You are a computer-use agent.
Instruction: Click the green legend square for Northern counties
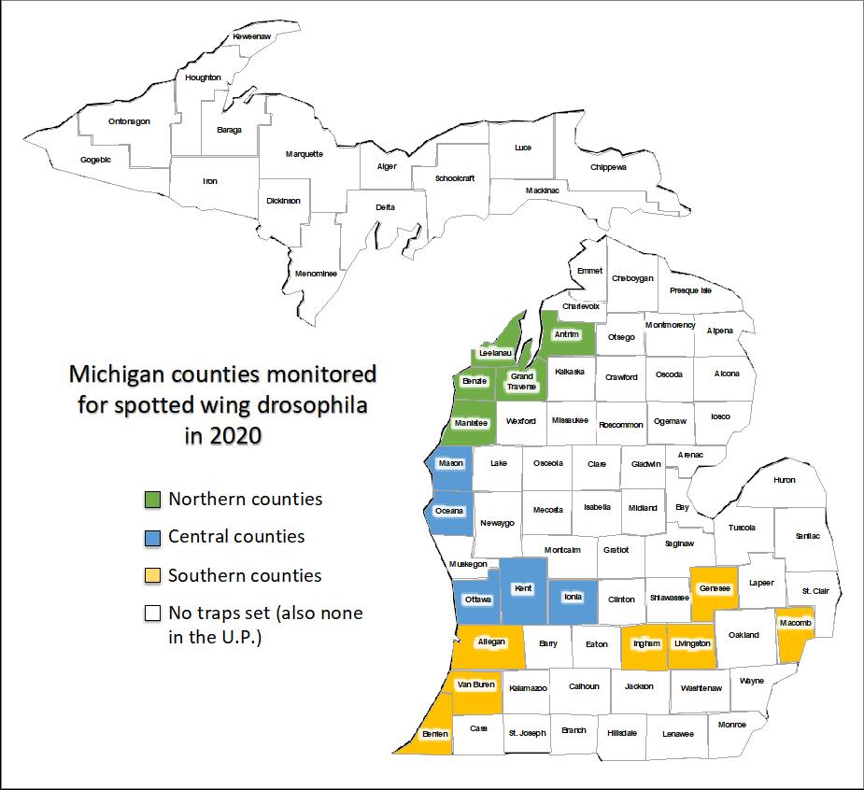point(153,499)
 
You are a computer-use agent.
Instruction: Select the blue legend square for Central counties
point(153,537)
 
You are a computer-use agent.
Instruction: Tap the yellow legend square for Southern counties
point(153,575)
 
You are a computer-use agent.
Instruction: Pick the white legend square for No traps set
point(153,614)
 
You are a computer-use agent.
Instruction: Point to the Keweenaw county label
point(253,36)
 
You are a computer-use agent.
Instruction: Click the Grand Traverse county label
point(519,380)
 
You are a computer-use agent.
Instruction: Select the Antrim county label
point(567,334)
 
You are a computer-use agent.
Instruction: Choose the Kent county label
point(522,589)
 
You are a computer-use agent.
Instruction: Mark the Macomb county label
point(794,623)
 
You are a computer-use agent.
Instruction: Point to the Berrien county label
point(434,734)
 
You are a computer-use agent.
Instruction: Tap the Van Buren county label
point(475,684)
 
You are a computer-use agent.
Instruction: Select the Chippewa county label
point(608,167)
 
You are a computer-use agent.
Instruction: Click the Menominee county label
point(316,274)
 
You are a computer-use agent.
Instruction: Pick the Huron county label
point(785,480)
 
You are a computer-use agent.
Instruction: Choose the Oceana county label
point(449,511)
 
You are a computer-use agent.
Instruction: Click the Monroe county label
point(732,725)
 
